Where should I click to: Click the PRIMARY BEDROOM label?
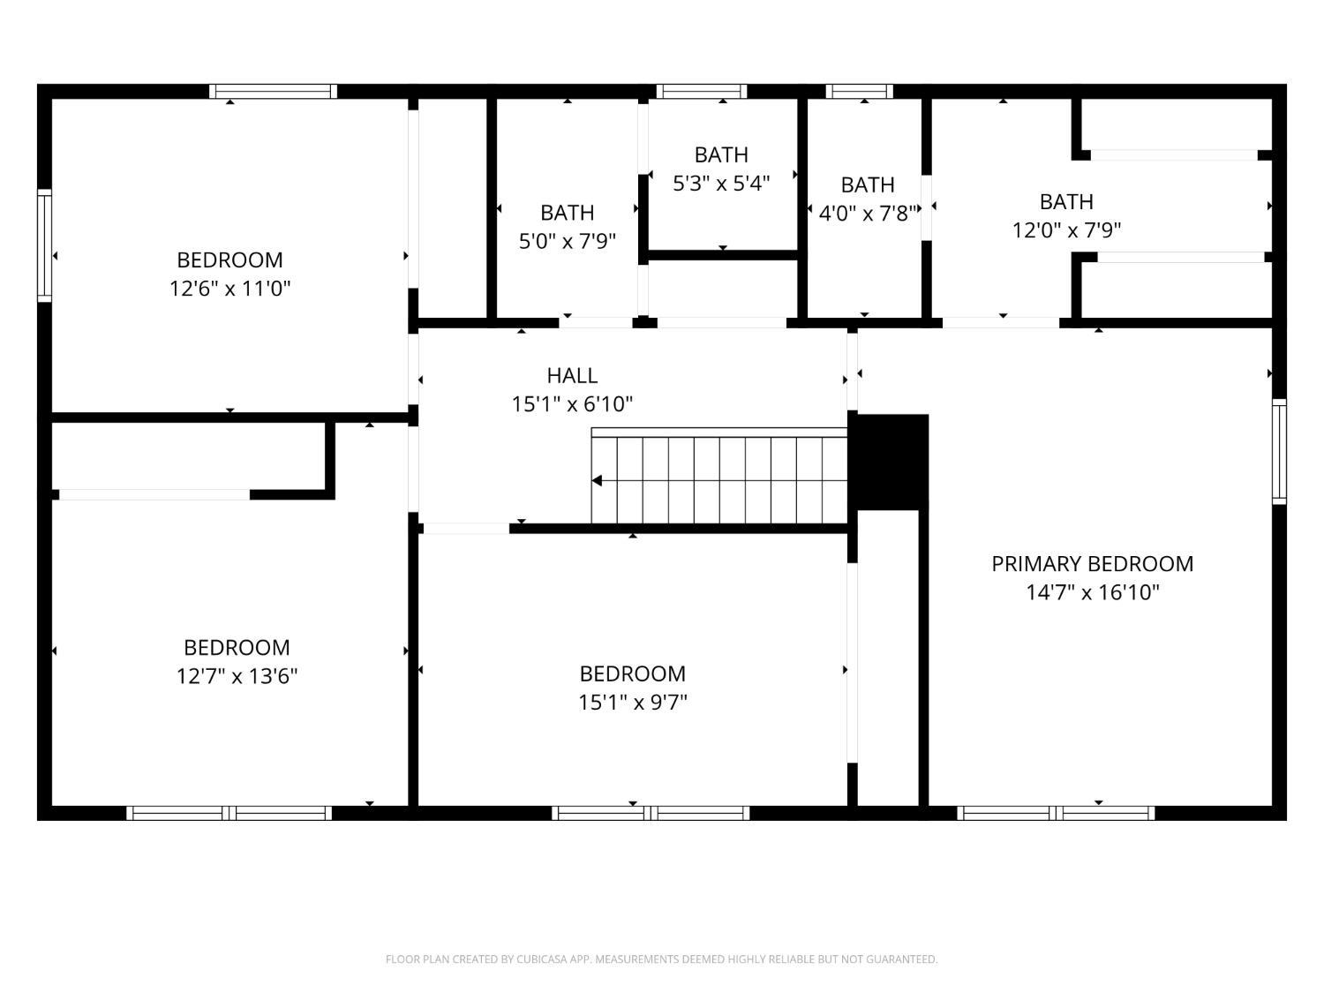coord(1093,564)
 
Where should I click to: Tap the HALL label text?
coord(572,376)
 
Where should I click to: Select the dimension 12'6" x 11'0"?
coord(229,289)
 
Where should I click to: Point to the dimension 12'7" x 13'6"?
coord(237,676)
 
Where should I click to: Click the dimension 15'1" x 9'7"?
coord(633,702)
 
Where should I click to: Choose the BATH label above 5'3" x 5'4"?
coord(721,155)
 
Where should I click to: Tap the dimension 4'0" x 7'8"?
coord(868,213)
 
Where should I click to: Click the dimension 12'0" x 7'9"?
coord(1066,229)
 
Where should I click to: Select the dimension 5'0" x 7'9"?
coord(568,241)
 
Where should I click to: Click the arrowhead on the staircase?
coord(597,480)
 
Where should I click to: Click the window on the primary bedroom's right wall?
coord(1279,451)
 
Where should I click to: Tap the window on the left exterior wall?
coord(44,245)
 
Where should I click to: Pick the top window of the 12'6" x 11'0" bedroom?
coord(274,91)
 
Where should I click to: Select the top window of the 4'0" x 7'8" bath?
coord(859,91)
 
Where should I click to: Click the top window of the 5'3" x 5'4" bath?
coord(702,91)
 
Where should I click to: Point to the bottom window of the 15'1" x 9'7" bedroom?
coord(651,813)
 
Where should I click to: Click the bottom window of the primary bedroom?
coord(1056,813)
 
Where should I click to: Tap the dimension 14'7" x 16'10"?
coord(1093,592)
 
